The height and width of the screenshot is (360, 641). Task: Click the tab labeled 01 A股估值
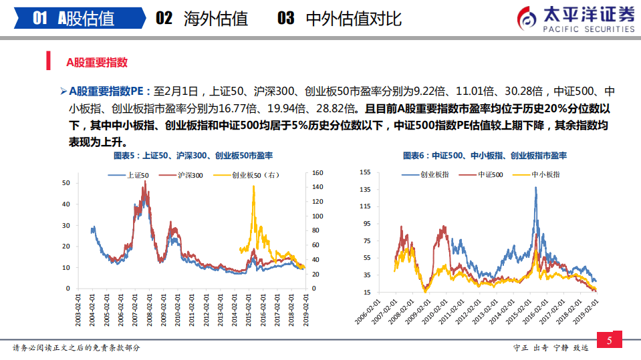pos(74,18)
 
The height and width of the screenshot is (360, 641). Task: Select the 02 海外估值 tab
pos(201,18)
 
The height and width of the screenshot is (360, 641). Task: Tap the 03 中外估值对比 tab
pos(340,18)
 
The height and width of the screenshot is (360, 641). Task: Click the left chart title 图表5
pos(193,155)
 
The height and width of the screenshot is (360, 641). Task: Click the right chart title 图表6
pos(485,155)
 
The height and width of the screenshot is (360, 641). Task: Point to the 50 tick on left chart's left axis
pos(66,182)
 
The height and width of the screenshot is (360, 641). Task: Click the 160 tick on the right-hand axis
pos(318,173)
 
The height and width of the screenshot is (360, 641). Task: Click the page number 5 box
pos(609,341)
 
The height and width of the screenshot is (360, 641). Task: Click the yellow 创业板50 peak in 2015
pos(253,187)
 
